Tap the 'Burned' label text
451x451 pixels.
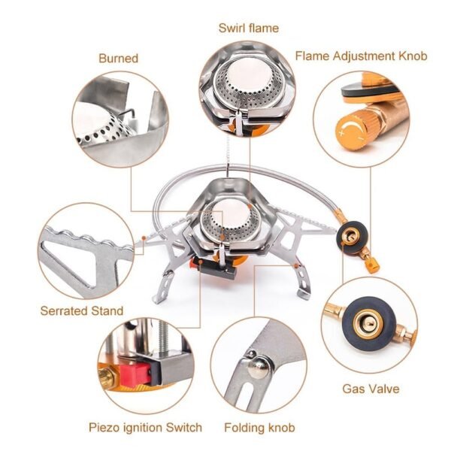[x=118, y=58]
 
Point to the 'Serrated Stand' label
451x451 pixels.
[x=81, y=310]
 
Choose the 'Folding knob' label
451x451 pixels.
[x=259, y=428]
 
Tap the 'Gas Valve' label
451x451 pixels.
[x=371, y=389]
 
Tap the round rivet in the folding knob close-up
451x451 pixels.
[x=258, y=368]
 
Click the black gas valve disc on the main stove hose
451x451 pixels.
[x=350, y=235]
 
